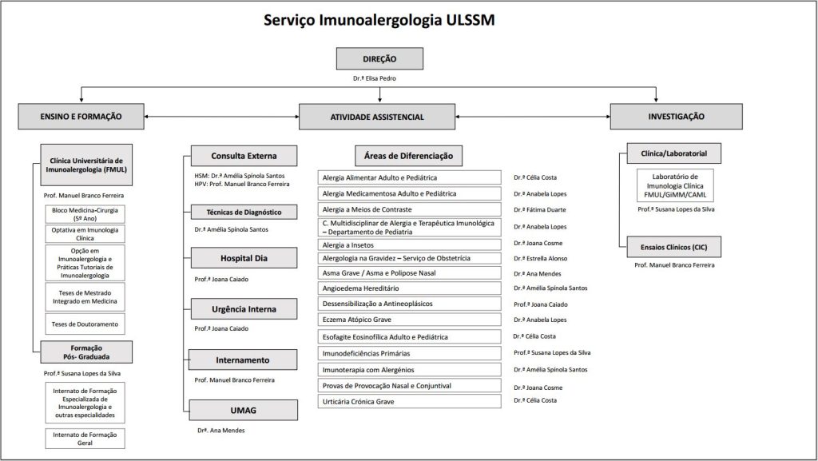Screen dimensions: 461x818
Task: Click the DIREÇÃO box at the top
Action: [379, 59]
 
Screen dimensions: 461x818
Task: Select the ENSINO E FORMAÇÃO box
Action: [81, 116]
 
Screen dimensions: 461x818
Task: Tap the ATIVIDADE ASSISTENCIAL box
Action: [377, 117]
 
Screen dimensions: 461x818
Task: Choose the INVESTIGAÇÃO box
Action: [677, 116]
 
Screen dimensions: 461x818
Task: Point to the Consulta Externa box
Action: [244, 156]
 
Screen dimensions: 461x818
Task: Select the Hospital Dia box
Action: [244, 258]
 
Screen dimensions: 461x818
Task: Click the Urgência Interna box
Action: [244, 309]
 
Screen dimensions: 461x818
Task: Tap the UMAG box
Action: [244, 411]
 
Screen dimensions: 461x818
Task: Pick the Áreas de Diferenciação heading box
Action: [408, 156]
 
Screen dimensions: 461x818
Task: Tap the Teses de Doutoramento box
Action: [84, 324]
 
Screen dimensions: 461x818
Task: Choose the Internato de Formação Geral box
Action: [84, 438]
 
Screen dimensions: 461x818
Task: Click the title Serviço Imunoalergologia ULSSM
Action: [379, 20]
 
